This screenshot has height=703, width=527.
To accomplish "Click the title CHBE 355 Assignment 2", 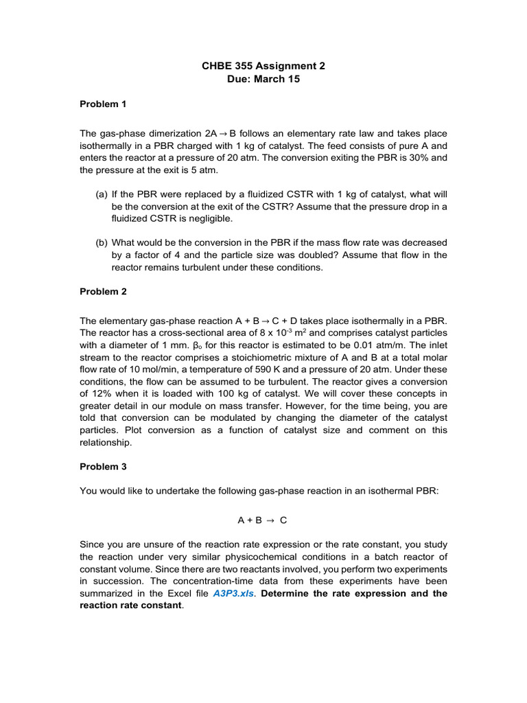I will point(263,66).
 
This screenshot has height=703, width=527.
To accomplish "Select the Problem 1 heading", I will point(103,104).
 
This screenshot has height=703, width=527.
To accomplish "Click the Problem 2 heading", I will point(103,291).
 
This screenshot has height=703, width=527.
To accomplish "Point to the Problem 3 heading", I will point(103,466).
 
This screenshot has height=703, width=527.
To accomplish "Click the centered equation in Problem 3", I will point(263,520).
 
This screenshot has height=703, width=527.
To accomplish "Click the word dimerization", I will point(173,132).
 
